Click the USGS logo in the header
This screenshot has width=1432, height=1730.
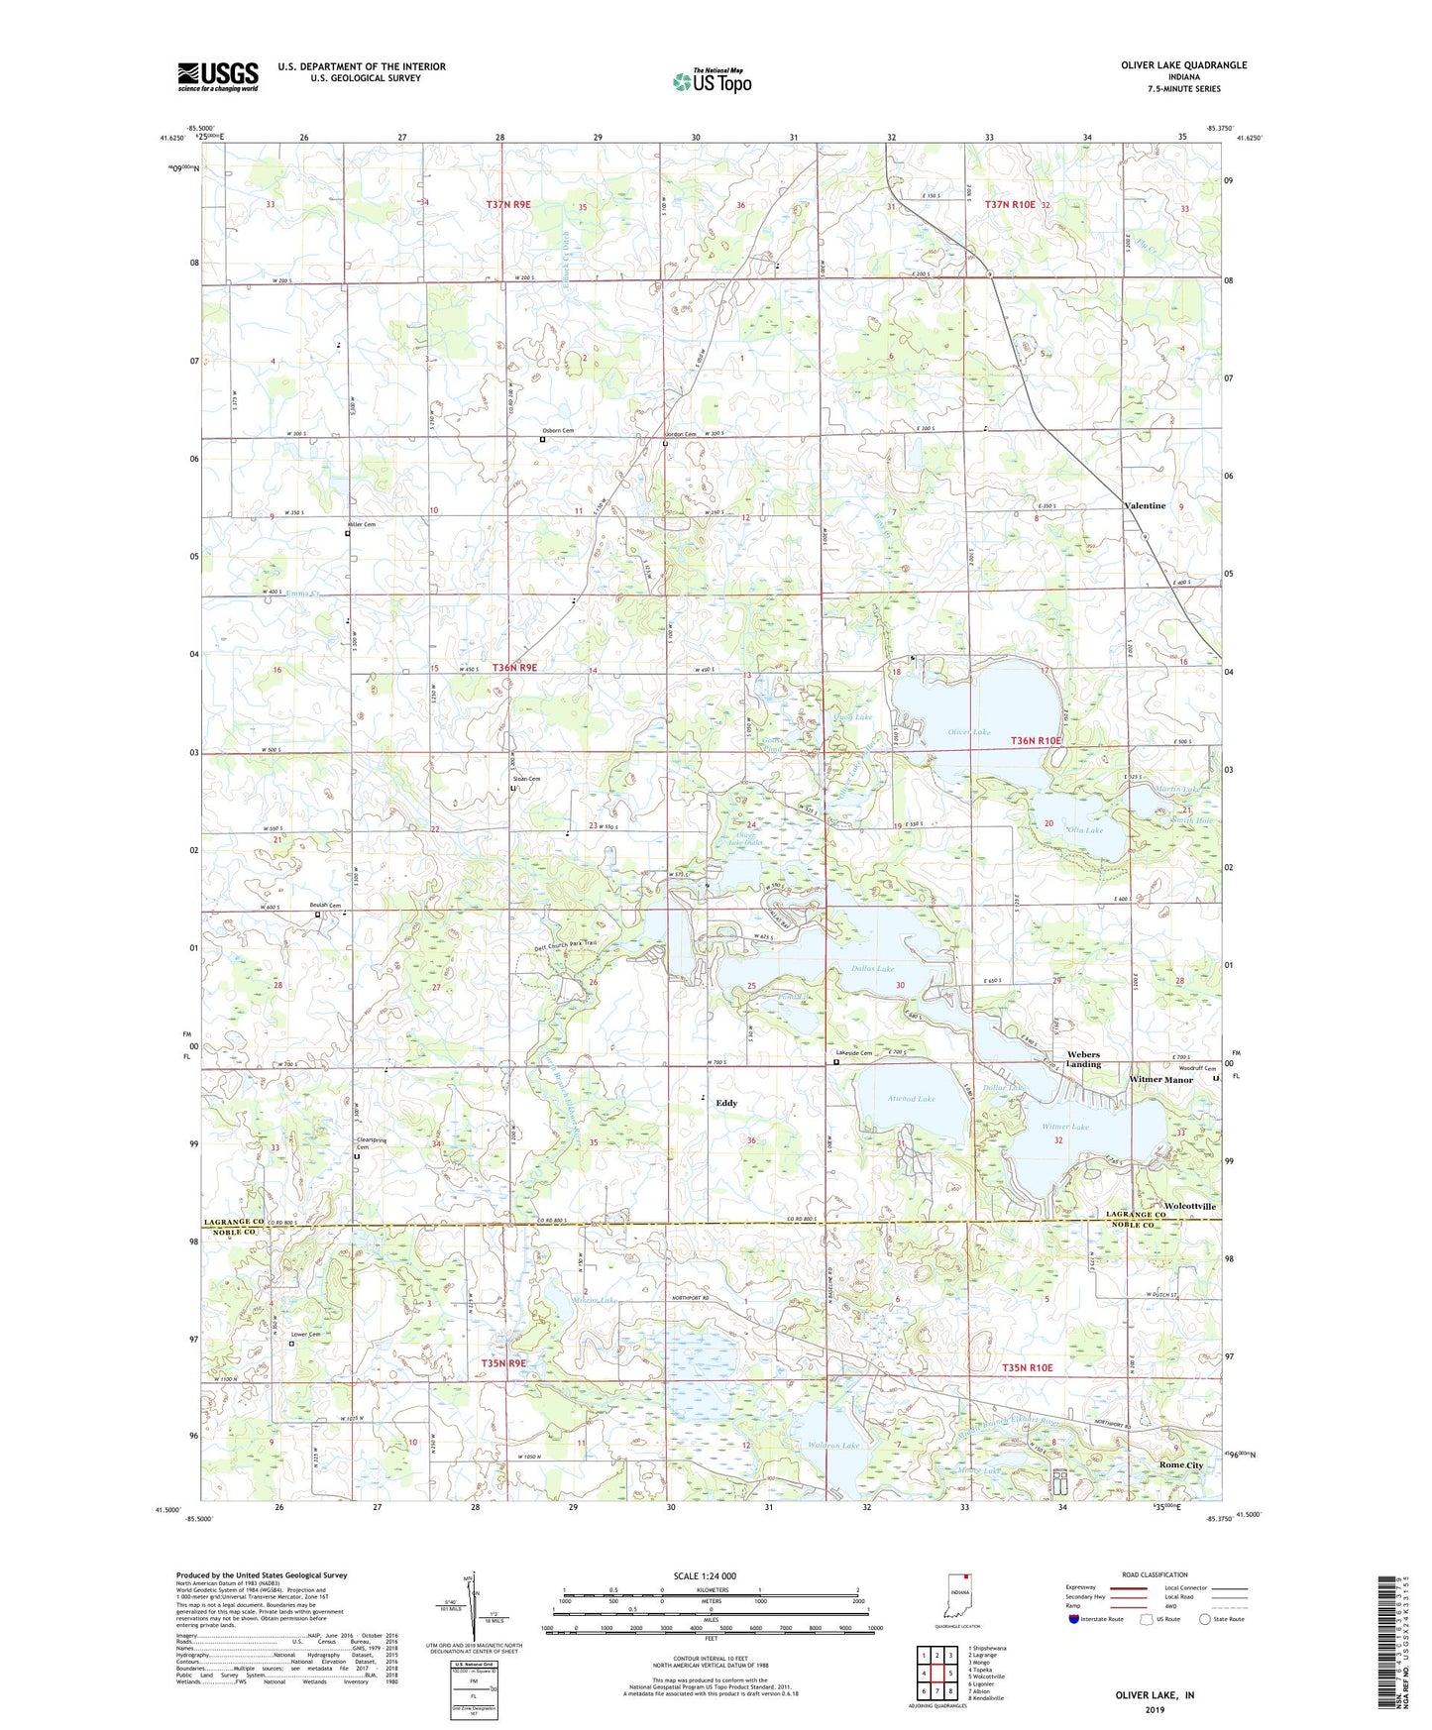[218, 76]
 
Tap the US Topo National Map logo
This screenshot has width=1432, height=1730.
[711, 81]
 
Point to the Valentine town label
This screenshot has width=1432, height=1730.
[1145, 506]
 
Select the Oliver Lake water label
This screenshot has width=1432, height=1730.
[968, 732]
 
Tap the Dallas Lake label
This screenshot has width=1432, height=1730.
[872, 968]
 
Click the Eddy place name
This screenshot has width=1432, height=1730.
[726, 1103]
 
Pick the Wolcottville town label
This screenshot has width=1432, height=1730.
[1178, 1207]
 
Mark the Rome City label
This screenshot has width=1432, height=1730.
[1180, 1464]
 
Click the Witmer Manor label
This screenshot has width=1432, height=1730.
[1160, 1080]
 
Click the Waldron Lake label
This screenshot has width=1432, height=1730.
[833, 1446]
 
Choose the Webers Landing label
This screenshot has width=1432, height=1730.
[1083, 1059]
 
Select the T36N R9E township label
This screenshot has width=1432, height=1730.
[514, 668]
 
